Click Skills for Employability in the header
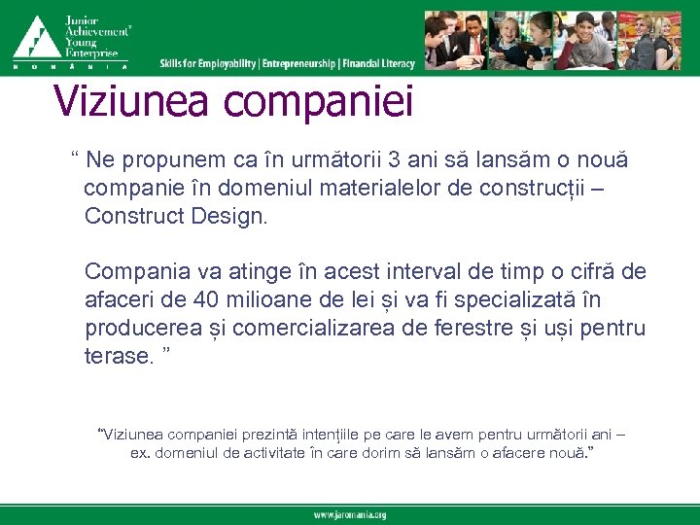click(208, 63)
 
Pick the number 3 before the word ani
click(392, 158)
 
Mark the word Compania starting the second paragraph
click(132, 270)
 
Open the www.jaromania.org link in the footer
click(350, 514)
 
